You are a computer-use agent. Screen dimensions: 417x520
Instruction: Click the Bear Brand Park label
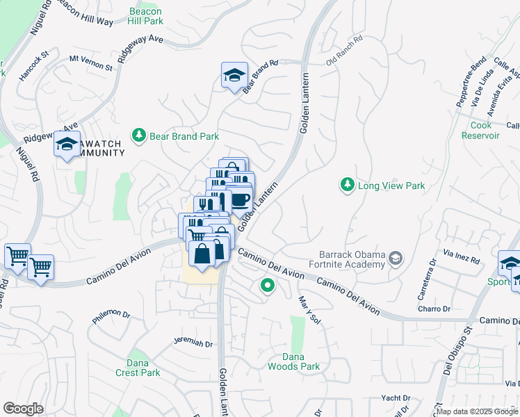(x=184, y=137)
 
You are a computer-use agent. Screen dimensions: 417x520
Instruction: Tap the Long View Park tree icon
(x=346, y=185)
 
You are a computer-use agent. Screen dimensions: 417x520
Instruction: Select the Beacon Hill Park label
(x=145, y=16)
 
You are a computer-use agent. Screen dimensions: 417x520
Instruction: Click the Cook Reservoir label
(x=480, y=130)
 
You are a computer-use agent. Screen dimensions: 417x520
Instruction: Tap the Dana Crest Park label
(x=138, y=368)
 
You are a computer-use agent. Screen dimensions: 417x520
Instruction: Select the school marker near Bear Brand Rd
(x=234, y=75)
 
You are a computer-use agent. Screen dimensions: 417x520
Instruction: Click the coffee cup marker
(x=240, y=199)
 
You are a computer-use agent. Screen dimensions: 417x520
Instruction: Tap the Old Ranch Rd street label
(x=345, y=61)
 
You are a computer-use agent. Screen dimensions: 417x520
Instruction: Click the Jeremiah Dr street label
(x=193, y=343)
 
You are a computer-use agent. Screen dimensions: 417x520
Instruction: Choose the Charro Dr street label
(x=434, y=308)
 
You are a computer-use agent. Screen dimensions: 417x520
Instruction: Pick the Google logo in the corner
(x=23, y=409)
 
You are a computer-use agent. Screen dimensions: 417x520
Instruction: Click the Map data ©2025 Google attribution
(x=478, y=411)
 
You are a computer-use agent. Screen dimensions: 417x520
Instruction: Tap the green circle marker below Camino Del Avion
(x=266, y=285)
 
